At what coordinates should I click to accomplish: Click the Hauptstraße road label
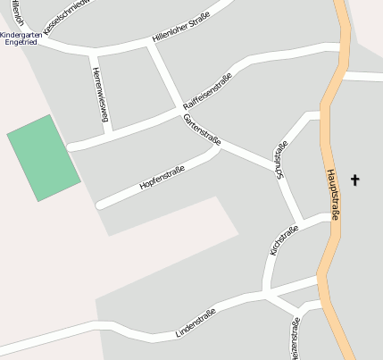pos(332,195)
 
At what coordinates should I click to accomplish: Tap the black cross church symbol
pos(354,180)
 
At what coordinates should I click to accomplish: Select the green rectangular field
pos(44,157)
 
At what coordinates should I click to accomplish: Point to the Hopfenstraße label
pos(162,178)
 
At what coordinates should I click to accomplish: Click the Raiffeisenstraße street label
pos(206,92)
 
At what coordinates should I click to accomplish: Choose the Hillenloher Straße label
pos(181,28)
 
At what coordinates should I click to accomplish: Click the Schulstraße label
pos(283,161)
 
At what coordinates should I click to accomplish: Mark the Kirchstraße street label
pos(283,239)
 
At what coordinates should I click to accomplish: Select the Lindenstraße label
pos(197,319)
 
